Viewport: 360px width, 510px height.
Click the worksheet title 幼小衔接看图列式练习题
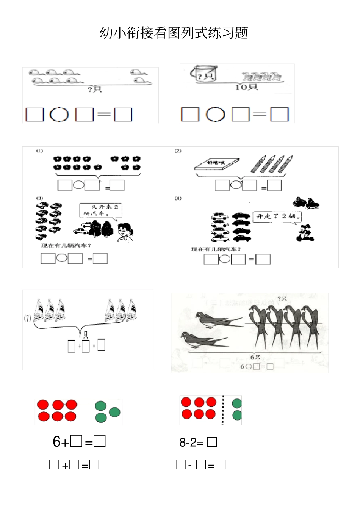[174, 33]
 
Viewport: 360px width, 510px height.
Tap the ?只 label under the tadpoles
[94, 89]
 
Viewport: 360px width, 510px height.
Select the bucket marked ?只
[204, 74]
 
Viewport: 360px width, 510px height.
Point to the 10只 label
[246, 87]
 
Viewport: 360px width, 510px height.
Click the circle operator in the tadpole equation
[59, 115]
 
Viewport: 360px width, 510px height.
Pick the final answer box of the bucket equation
[279, 115]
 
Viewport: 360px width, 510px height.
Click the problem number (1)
[40, 151]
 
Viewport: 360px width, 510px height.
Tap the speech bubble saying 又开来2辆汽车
[101, 210]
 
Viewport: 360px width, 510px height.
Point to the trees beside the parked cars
[101, 229]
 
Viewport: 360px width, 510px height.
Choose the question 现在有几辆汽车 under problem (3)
[66, 246]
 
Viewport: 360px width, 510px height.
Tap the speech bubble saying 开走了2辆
[277, 217]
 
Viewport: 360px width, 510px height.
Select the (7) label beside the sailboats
[27, 318]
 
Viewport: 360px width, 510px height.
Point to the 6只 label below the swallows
[255, 358]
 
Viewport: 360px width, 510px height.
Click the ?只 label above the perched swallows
[282, 299]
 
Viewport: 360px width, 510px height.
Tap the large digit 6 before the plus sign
[56, 442]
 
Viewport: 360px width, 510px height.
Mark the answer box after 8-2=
[212, 442]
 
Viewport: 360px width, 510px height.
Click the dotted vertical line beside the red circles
[223, 410]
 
